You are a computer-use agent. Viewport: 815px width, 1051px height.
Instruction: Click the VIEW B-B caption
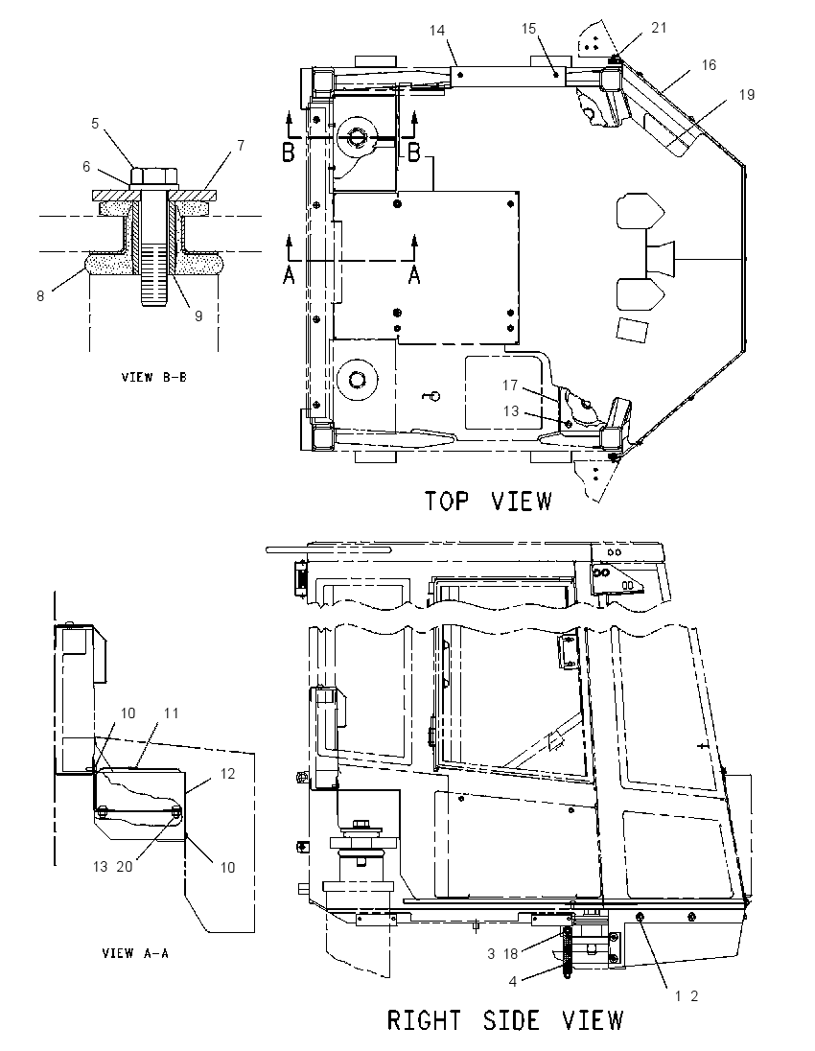154,377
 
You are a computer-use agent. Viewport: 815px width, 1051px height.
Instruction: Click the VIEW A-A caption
135,952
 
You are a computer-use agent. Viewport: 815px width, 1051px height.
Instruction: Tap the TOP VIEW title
488,501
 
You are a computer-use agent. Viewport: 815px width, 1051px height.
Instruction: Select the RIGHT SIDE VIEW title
505,1020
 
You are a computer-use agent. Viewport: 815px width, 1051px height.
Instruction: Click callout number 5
95,124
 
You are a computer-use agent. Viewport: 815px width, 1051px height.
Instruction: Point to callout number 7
86,166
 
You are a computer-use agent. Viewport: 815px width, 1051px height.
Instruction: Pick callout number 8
241,146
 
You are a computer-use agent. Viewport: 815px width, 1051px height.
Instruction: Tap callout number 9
40,295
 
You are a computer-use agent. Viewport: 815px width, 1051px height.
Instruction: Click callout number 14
198,315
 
